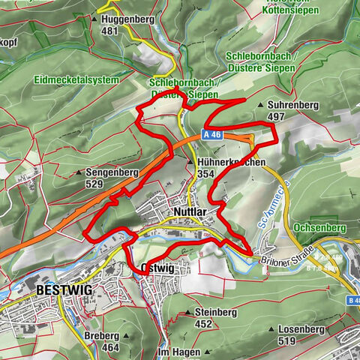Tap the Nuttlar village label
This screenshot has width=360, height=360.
click(x=188, y=212)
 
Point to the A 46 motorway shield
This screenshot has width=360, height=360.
click(x=211, y=135)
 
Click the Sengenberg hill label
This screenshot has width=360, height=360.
click(x=112, y=172)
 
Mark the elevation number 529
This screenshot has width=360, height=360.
click(x=94, y=184)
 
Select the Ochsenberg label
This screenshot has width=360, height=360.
click(x=320, y=226)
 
